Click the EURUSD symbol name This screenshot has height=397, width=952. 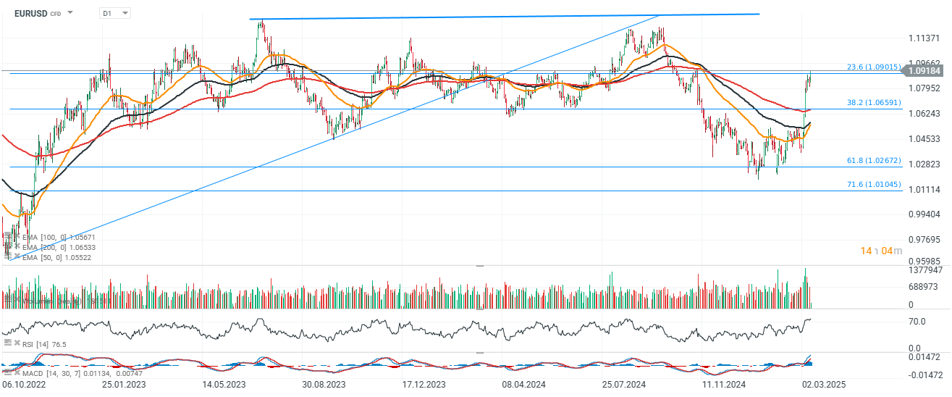(30, 13)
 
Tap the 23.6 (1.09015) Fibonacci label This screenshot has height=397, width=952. (873, 67)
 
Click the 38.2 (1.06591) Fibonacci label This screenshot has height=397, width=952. (873, 103)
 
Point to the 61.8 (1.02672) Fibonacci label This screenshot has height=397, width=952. (873, 161)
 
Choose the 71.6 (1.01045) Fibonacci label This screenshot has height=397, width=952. (873, 185)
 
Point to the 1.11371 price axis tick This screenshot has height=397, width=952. (924, 38)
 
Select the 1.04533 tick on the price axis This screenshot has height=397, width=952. (924, 139)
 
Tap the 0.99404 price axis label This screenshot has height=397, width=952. (924, 214)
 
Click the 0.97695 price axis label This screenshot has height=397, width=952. (924, 239)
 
